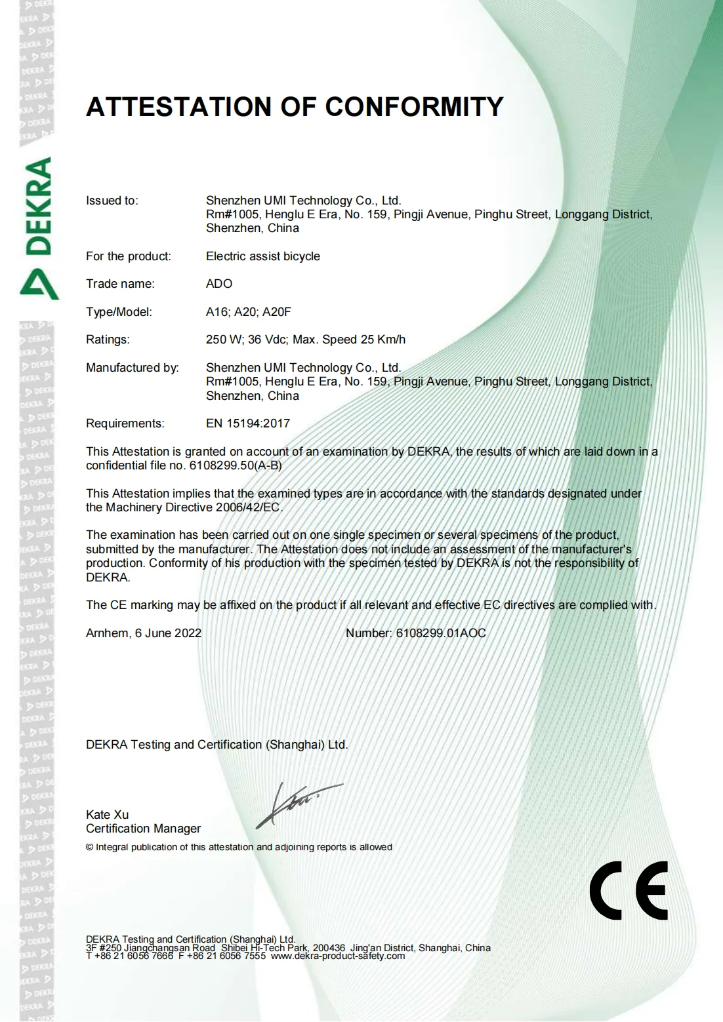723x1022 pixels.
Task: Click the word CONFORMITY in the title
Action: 414,107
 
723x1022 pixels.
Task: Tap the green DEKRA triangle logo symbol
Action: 39,284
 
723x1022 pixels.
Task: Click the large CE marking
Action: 629,890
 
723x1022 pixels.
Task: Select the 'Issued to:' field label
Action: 112,201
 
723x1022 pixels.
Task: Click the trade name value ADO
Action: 219,284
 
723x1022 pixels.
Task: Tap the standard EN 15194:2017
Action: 248,423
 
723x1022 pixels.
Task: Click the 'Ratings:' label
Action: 108,340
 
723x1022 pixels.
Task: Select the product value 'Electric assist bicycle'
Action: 263,256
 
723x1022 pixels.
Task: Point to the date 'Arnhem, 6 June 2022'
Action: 144,633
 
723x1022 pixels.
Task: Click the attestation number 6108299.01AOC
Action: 441,633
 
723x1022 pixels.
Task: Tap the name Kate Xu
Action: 108,815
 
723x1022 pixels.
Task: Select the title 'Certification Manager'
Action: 143,829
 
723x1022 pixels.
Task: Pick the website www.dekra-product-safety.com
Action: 338,956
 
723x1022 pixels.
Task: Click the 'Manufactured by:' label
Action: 133,368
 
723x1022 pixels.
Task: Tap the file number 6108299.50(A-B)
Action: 236,465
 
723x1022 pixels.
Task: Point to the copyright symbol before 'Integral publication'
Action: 89,848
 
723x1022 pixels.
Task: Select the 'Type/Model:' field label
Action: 119,312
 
